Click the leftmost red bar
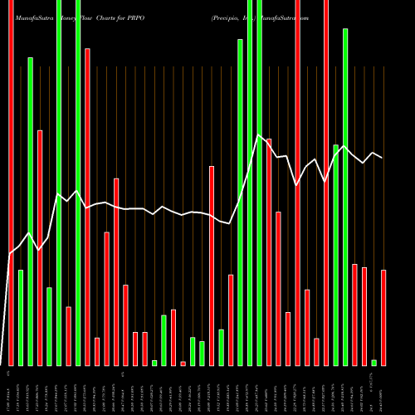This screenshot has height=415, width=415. pos(11,166)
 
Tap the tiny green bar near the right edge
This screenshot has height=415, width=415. pos(374,362)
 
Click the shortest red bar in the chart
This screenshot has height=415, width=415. pos(183,363)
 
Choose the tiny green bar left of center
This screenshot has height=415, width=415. pos(154,362)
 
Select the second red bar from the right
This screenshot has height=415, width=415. pos(364,315)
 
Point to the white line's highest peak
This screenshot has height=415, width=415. pos(259,135)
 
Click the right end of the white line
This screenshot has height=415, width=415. pos(383,157)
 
